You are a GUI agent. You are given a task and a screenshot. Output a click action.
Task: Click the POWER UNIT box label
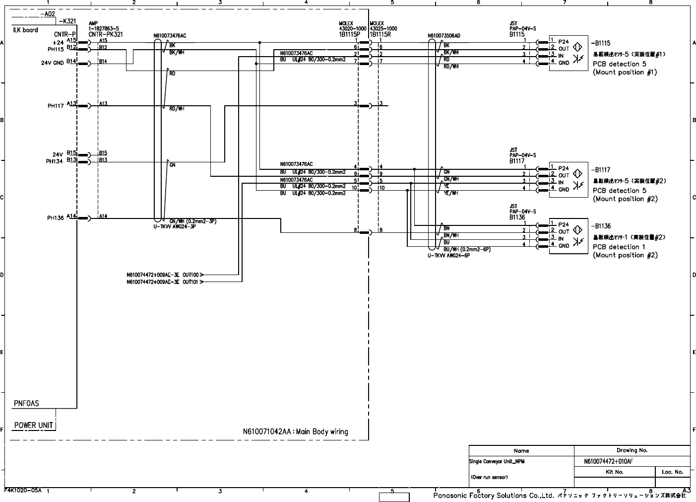[x=33, y=425]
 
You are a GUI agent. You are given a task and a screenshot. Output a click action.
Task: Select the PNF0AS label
[x=26, y=403]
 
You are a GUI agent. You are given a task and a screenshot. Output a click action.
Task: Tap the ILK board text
[x=25, y=30]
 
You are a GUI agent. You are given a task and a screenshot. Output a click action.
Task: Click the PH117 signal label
[x=56, y=106]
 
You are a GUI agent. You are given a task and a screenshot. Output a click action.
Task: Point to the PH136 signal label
[x=56, y=218]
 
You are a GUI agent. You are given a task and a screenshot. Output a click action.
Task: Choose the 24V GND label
[x=52, y=63]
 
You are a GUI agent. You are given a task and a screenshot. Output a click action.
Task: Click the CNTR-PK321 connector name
[x=105, y=35]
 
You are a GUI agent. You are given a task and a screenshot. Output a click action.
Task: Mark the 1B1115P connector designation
[x=349, y=35]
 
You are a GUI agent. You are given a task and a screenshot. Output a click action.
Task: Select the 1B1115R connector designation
[x=380, y=35]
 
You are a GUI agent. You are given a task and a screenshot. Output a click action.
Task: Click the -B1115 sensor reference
[x=600, y=43]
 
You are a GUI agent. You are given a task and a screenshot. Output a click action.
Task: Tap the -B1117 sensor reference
[x=600, y=170]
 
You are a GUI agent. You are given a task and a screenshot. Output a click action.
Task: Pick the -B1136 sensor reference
[x=600, y=226]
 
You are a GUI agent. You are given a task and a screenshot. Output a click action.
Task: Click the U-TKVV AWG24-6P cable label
[x=448, y=256]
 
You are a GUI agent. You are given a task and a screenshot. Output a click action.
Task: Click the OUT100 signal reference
[x=190, y=275]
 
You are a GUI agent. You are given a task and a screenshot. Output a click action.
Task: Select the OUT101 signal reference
[x=190, y=282]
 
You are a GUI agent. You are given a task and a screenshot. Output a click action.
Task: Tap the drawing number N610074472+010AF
[x=608, y=461]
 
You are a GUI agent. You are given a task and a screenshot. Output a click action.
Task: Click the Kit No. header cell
[x=615, y=472]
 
